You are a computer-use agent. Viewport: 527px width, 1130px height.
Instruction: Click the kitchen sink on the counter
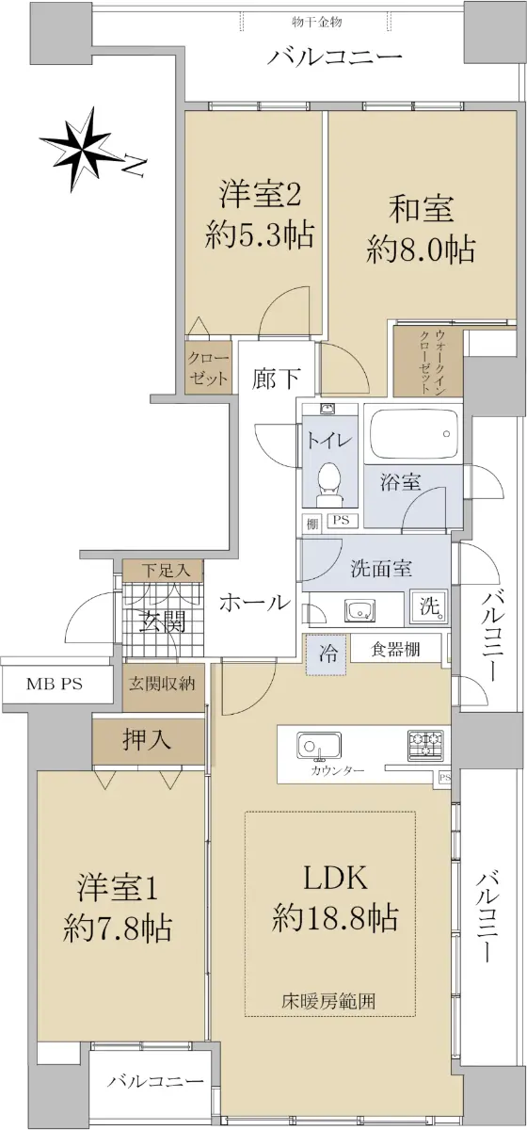tap(319, 746)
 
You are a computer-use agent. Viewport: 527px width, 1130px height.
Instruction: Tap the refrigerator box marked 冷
tap(327, 654)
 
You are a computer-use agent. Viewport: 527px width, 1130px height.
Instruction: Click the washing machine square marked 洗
tap(429, 605)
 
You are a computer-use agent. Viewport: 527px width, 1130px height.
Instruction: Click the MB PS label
tap(54, 685)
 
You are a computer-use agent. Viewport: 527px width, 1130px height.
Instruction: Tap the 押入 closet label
tap(147, 740)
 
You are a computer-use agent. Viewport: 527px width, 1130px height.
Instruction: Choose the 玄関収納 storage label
tap(161, 685)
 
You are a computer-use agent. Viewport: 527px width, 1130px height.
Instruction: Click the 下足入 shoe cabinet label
tap(165, 571)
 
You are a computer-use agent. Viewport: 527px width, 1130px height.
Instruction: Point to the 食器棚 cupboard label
tap(395, 649)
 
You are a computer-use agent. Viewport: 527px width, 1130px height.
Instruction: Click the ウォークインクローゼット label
tap(433, 363)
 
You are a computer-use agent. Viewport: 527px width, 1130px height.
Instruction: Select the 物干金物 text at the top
tap(317, 22)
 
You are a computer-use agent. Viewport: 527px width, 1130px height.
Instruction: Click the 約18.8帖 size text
tap(335, 917)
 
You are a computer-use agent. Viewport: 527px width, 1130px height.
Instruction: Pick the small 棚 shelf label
tap(312, 525)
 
